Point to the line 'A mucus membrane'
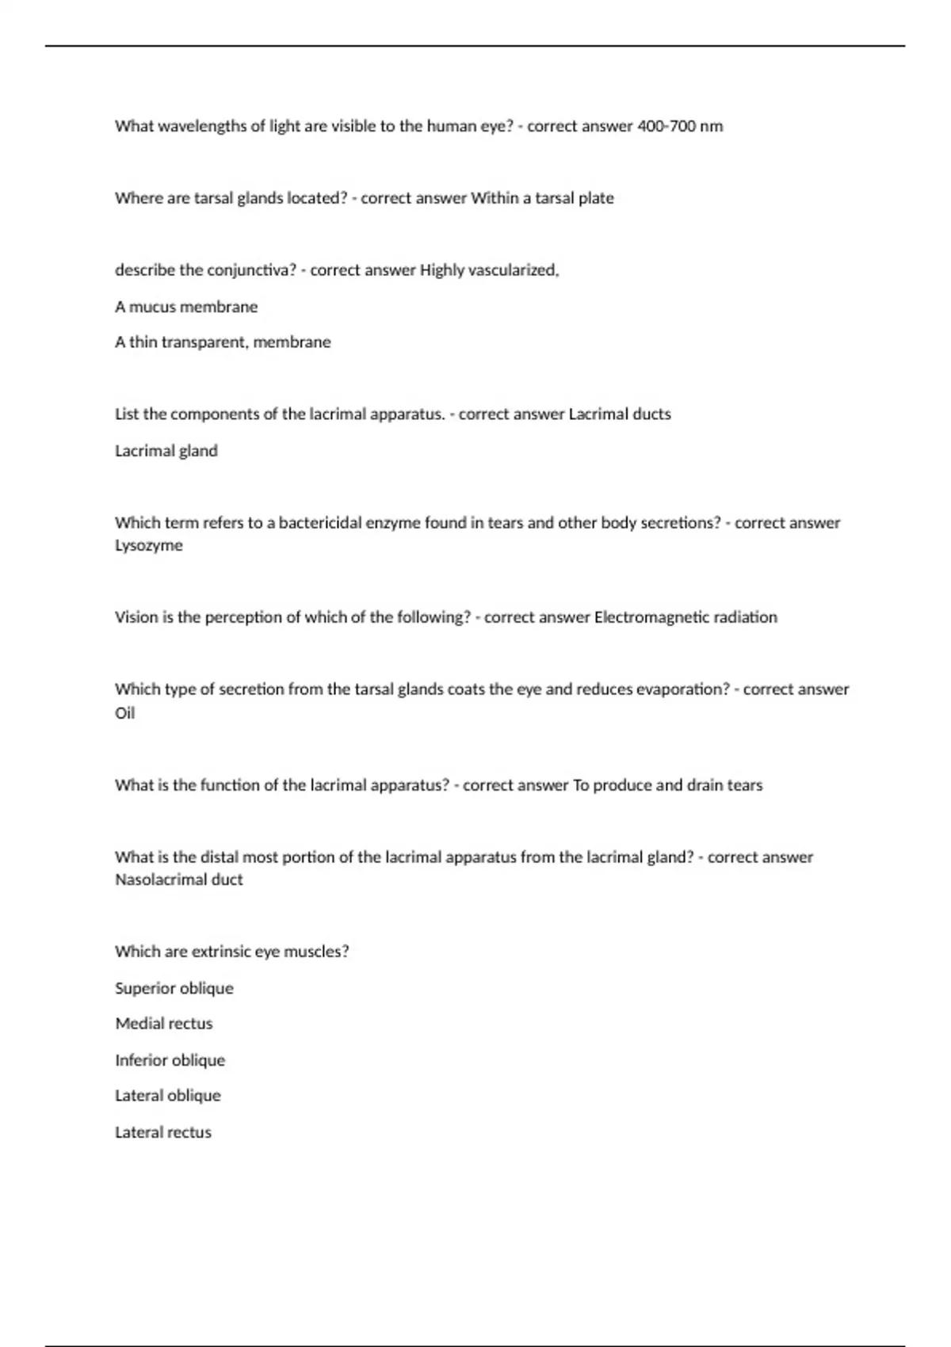[x=186, y=307]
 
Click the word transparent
[x=204, y=342]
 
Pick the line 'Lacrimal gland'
[x=166, y=451]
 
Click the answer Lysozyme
[x=149, y=546]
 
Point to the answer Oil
[x=125, y=713]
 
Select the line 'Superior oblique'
[x=174, y=988]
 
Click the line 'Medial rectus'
[x=164, y=1024]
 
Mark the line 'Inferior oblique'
[x=170, y=1060]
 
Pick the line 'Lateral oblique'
[x=168, y=1096]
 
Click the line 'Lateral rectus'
[x=163, y=1132]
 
